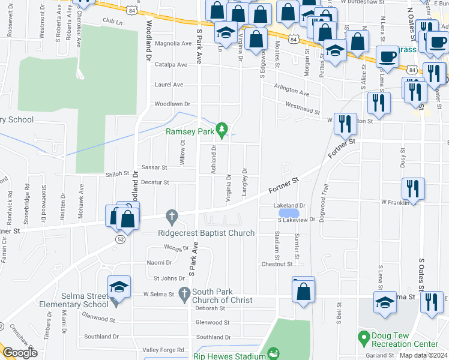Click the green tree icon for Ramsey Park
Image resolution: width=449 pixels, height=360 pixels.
(x=222, y=130)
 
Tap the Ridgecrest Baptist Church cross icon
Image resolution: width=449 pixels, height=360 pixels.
(x=172, y=215)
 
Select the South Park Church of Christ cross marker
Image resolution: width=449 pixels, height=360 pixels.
(x=184, y=293)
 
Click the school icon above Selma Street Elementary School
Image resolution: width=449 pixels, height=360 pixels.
(x=119, y=287)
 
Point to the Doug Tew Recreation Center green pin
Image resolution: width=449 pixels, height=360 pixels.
(x=363, y=338)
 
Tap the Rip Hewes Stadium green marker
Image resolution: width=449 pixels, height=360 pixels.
(x=273, y=354)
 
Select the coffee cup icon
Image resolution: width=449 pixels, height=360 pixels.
(x=388, y=57)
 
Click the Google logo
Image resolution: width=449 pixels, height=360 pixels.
(x=20, y=353)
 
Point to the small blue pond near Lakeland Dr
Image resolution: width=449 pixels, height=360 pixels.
(x=289, y=212)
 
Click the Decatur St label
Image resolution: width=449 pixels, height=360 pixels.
(x=155, y=182)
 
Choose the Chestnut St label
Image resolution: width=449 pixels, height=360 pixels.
(x=277, y=264)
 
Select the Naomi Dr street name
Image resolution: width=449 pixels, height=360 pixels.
(x=160, y=263)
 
